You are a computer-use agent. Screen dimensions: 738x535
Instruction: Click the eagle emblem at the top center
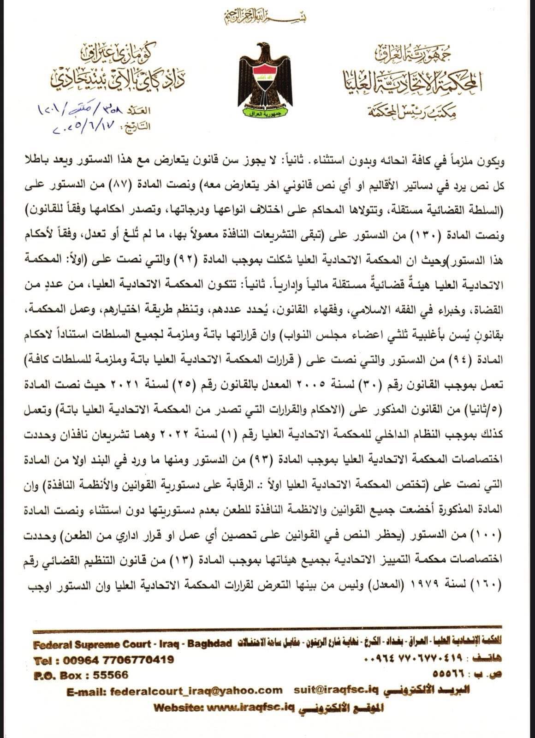click(265, 78)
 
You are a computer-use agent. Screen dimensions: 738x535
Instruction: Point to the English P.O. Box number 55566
click(111, 675)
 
